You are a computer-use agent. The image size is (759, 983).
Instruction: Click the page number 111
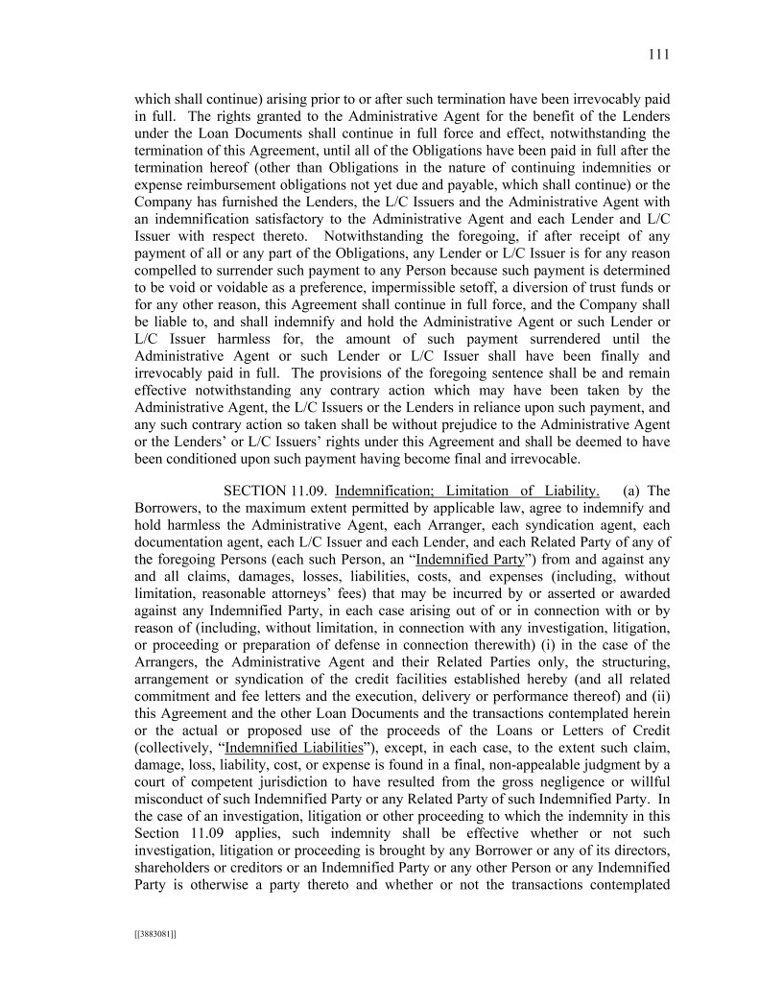pyautogui.click(x=658, y=55)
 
